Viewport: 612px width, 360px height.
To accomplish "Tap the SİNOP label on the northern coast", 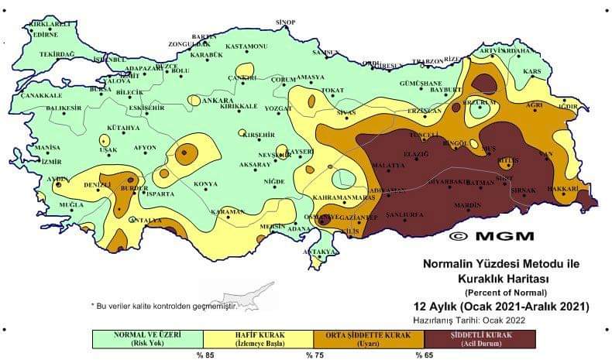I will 287,22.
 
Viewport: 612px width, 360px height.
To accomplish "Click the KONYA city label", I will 205,184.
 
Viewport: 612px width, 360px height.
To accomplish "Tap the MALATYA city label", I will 388,166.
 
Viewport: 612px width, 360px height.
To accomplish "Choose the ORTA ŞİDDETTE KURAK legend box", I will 368,338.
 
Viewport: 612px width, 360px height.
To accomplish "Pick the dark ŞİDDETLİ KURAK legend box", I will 479,338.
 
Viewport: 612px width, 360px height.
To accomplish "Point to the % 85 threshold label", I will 204,355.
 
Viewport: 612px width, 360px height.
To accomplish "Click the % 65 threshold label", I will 424,355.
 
